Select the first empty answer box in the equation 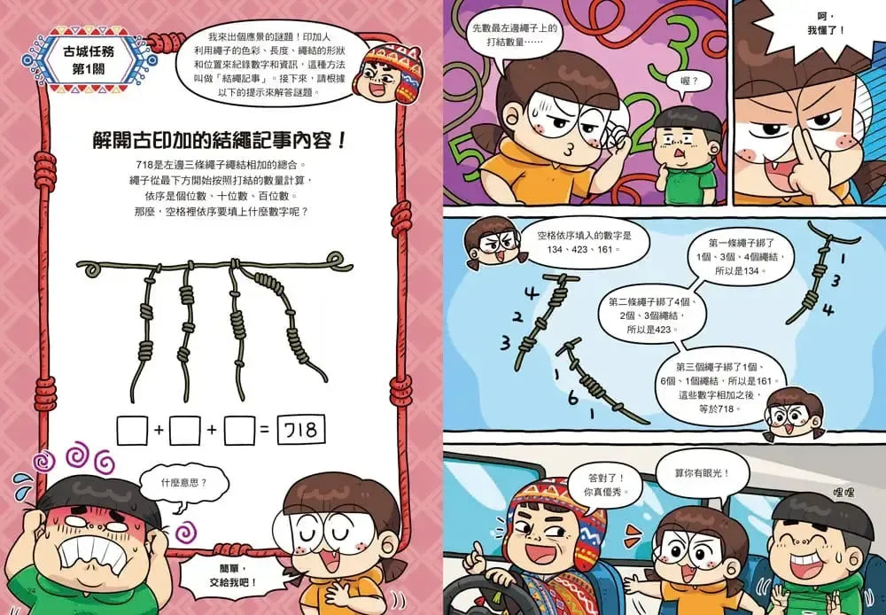(131, 432)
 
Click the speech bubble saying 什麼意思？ (183, 484)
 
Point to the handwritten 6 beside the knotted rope (573, 399)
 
